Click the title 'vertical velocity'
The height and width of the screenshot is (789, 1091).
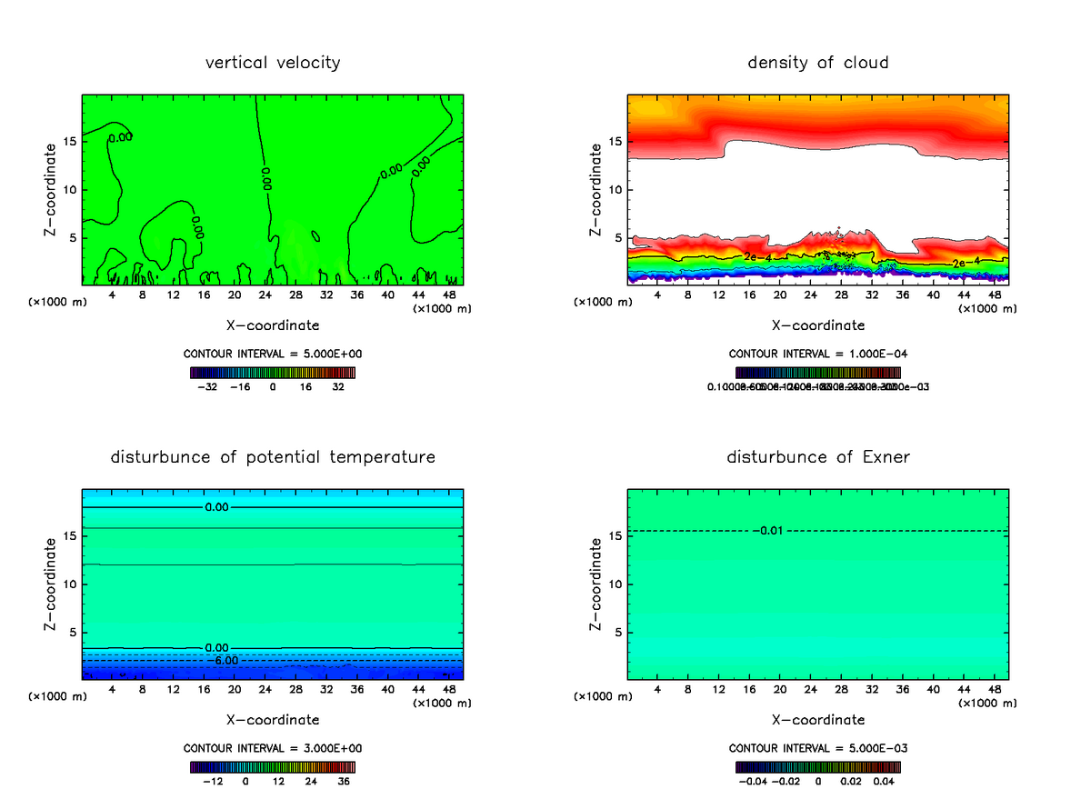(x=273, y=63)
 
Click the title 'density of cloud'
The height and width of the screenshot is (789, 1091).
(x=818, y=63)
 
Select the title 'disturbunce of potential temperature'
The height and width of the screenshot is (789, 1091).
(x=273, y=457)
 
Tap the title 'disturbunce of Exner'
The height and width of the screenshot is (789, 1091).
(x=818, y=457)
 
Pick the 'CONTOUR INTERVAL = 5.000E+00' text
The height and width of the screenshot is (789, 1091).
(x=273, y=354)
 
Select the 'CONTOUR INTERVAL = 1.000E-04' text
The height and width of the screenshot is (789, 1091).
(x=818, y=354)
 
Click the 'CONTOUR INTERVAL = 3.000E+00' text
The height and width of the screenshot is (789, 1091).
(x=273, y=748)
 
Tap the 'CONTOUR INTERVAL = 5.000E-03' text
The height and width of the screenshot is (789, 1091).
(x=818, y=748)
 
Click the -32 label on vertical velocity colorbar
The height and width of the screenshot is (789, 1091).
(x=209, y=386)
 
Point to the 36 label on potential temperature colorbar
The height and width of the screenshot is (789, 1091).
(x=344, y=781)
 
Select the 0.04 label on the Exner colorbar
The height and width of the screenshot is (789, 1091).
(x=886, y=781)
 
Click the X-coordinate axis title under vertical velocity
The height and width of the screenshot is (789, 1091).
(x=273, y=325)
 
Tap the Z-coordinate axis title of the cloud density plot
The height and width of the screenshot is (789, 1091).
(x=596, y=190)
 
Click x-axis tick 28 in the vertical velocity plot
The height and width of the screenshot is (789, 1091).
(x=296, y=295)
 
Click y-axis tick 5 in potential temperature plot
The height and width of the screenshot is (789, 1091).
(x=73, y=633)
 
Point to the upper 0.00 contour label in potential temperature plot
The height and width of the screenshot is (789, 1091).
(x=216, y=507)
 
